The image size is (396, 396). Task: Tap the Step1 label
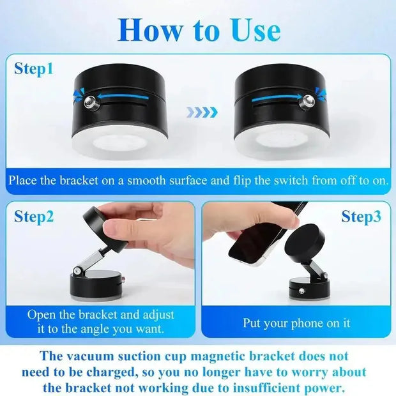34,69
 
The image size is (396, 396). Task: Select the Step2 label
34,217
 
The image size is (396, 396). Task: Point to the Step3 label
361,217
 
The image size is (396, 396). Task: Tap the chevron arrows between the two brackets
201,112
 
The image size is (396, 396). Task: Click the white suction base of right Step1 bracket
281,146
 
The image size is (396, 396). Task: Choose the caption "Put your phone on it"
296,323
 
